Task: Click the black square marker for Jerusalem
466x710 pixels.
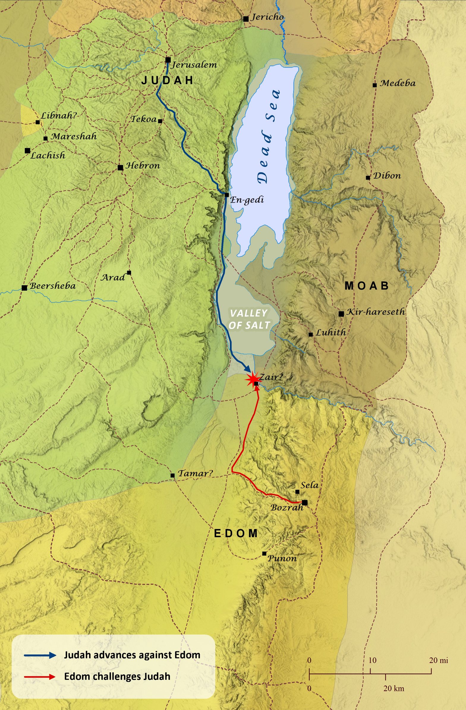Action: [x=168, y=60]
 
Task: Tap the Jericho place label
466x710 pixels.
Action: [x=267, y=17]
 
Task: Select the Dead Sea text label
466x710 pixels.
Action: [x=269, y=136]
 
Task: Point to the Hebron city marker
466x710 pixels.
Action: [x=120, y=168]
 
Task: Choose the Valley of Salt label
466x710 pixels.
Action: [x=249, y=319]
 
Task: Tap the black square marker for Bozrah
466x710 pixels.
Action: [x=304, y=503]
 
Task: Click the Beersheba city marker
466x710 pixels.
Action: [x=24, y=288]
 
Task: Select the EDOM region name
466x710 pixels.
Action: [x=236, y=533]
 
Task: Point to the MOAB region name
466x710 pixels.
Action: [x=367, y=286]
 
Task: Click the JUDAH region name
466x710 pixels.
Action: [x=167, y=81]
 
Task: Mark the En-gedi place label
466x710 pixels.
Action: [x=247, y=200]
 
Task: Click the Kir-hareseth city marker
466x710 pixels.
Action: [x=341, y=314]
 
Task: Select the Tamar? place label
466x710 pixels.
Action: [x=195, y=473]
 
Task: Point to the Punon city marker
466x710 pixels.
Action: [x=264, y=554]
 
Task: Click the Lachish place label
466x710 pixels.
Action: [x=48, y=155]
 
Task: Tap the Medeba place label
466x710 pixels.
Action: [x=397, y=83]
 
